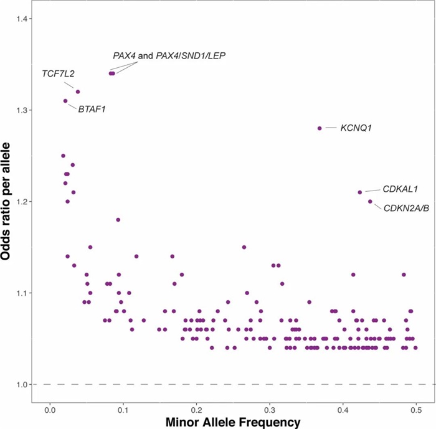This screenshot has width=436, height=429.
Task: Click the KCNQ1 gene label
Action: point(356,128)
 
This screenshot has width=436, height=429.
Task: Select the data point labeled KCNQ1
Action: point(320,128)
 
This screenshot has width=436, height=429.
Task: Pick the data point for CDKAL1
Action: point(360,192)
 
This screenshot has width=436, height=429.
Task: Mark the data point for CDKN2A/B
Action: point(370,201)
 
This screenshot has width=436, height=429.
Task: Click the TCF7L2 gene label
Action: point(58,74)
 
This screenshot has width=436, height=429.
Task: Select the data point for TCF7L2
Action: point(78,92)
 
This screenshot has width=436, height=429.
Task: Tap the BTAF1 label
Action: point(92,110)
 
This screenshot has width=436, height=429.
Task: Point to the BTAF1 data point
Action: point(65,101)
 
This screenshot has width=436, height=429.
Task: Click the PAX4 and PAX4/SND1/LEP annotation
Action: point(169,56)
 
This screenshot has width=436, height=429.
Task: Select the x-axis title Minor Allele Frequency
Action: point(232,422)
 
